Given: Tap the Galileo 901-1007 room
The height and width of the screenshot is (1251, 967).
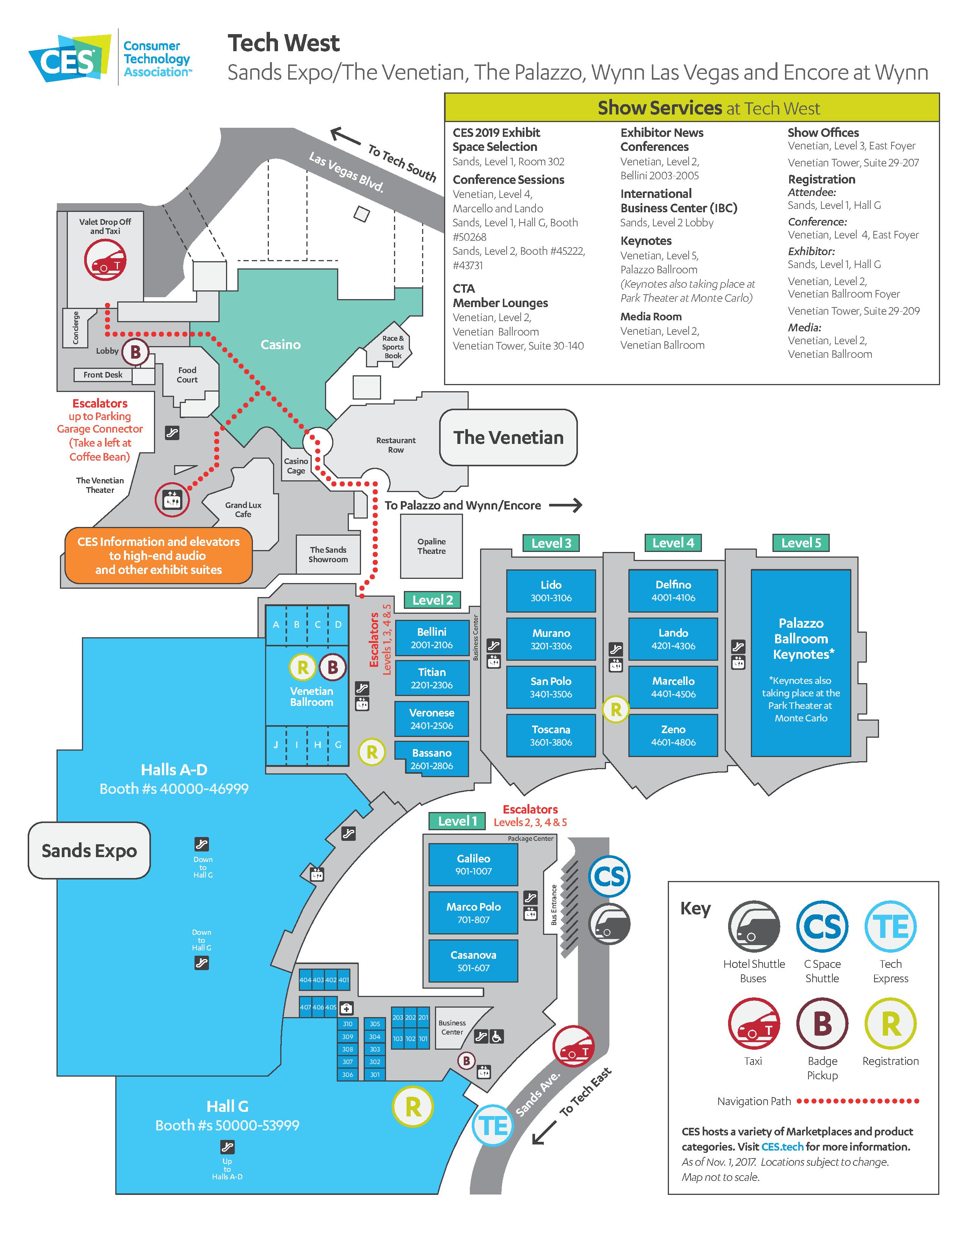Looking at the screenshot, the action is click(x=473, y=864).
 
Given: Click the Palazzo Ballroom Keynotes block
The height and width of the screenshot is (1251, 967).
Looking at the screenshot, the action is click(x=801, y=663).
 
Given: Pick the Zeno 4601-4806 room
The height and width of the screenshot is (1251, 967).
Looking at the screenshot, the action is click(x=673, y=735).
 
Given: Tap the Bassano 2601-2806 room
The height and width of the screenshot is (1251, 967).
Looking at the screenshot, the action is click(x=432, y=759).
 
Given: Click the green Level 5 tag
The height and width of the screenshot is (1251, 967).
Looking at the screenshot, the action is click(x=801, y=542).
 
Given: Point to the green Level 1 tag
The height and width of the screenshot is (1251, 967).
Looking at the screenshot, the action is click(x=457, y=821).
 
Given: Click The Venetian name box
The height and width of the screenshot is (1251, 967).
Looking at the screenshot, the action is click(x=508, y=437).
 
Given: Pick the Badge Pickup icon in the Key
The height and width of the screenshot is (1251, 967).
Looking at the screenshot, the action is click(x=822, y=1024).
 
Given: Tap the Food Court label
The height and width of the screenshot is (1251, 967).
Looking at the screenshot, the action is click(x=187, y=375).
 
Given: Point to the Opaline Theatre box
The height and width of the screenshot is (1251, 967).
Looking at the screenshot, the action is click(x=432, y=546).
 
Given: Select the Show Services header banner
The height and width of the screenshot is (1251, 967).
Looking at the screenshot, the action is click(x=692, y=107).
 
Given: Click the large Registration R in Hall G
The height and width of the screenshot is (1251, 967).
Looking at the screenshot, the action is click(x=413, y=1107).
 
